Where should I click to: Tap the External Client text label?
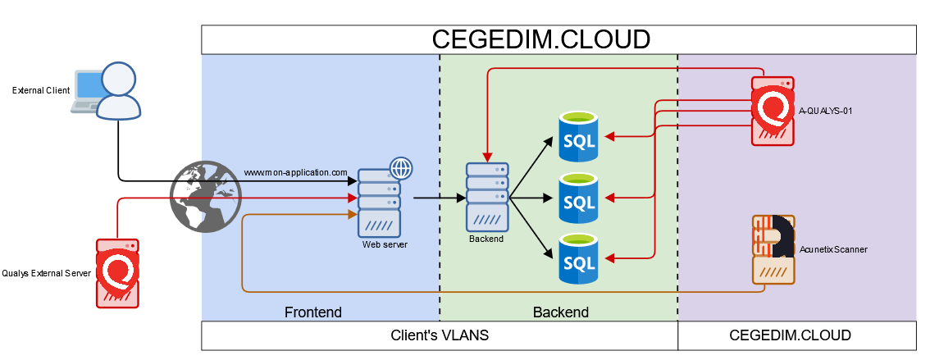41,90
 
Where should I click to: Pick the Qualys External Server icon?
116,273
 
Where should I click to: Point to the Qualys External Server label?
46,274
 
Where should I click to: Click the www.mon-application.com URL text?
295,173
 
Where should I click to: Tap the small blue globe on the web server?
401,168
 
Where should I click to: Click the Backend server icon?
487,197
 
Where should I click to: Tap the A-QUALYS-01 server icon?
773,111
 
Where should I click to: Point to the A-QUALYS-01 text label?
826,110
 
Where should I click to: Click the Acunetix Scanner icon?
773,248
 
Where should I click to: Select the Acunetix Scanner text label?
832,249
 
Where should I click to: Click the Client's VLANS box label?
440,335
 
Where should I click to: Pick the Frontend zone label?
312,312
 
